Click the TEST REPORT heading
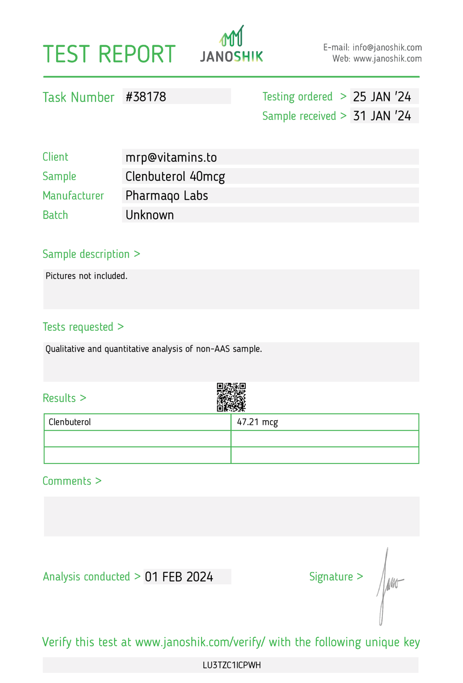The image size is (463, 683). tap(109, 54)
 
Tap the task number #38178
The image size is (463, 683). tap(146, 97)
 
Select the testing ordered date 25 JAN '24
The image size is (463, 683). tap(382, 97)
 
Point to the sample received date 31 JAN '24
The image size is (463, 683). tap(382, 116)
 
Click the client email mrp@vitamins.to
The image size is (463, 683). tap(171, 157)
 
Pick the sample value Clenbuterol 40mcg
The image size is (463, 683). tap(175, 176)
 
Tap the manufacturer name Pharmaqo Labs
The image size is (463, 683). tap(167, 196)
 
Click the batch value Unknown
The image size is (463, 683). tap(150, 215)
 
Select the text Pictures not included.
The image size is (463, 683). tap(86, 276)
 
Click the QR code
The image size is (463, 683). tap(231, 397)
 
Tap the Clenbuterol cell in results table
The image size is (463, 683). tap(70, 422)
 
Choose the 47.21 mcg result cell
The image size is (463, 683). tap(257, 422)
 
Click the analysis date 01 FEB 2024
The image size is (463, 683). tap(179, 577)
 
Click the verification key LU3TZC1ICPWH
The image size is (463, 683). tap(232, 665)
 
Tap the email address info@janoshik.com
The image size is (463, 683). tap(387, 48)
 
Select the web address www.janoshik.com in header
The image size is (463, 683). tap(387, 59)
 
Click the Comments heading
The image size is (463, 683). tap(67, 481)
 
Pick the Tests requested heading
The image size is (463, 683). tap(78, 327)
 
